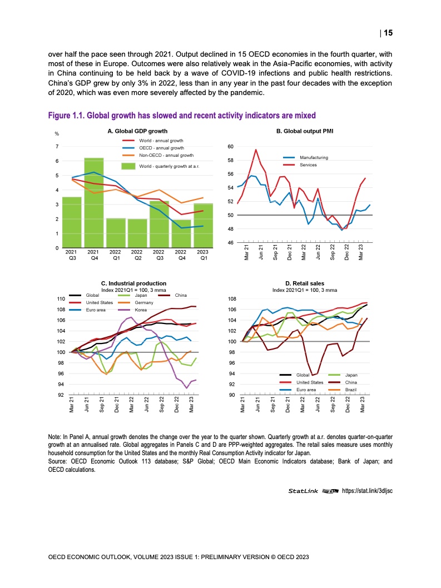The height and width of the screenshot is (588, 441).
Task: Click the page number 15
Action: point(388,33)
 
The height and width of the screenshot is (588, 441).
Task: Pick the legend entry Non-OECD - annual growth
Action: point(166,156)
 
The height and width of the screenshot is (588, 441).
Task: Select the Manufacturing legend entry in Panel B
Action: point(314,158)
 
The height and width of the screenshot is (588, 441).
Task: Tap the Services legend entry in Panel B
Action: point(309,165)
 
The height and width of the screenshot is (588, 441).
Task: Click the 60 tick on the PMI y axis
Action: point(230,147)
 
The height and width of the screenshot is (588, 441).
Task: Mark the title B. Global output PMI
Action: point(305,131)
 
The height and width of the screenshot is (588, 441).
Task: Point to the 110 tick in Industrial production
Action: point(61,299)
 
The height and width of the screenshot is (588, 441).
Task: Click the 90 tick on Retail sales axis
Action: point(230,395)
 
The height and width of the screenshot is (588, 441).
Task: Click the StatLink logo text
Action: point(304,491)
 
